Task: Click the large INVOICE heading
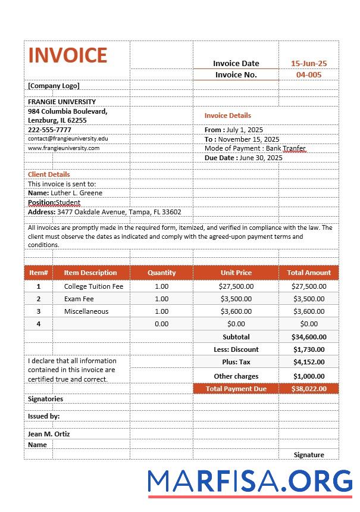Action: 67,55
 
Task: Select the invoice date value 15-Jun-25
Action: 308,63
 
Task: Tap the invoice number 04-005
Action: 308,74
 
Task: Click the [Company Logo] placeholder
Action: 54,86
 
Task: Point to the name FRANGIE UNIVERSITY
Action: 62,102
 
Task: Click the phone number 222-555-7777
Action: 49,129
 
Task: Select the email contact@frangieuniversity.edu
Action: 68,138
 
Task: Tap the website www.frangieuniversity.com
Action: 64,148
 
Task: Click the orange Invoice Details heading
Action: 227,115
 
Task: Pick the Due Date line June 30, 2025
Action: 243,158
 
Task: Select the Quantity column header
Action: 161,273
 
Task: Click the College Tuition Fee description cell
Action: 93,286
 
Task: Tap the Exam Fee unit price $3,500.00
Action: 236,299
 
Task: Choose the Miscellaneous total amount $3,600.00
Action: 308,311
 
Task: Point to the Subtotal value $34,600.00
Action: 308,337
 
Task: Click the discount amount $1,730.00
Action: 308,349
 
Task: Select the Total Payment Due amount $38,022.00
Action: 308,389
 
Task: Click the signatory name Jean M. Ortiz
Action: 49,434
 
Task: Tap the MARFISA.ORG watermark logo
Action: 249,481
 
